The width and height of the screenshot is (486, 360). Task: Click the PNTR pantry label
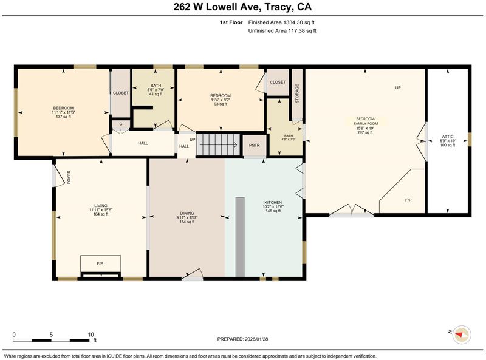point(254,145)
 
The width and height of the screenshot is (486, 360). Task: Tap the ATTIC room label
point(448,137)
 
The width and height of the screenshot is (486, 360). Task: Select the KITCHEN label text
point(273,202)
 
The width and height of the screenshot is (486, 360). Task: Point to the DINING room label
point(187,213)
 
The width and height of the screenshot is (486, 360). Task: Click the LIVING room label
point(101,205)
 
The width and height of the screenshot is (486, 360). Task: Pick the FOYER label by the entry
point(69,177)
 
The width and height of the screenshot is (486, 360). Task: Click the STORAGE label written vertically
point(297,93)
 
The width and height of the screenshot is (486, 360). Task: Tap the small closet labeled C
point(121,124)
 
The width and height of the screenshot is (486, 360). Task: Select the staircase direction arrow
point(218,144)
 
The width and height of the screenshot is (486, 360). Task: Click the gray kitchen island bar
point(240,237)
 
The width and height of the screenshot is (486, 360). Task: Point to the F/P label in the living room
point(100,263)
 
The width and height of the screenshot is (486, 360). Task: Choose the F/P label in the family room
point(408,200)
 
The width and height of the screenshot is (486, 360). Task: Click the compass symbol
point(462,335)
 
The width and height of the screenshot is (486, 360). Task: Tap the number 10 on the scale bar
point(91,335)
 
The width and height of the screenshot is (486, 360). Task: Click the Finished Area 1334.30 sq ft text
point(281,22)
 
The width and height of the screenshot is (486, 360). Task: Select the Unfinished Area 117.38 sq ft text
point(282,31)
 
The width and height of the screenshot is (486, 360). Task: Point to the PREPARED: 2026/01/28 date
point(242,339)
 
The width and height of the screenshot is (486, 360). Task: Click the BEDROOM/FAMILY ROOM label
point(366,121)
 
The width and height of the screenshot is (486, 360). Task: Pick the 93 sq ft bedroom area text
point(221,104)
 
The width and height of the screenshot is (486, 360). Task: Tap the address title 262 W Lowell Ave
point(216,7)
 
